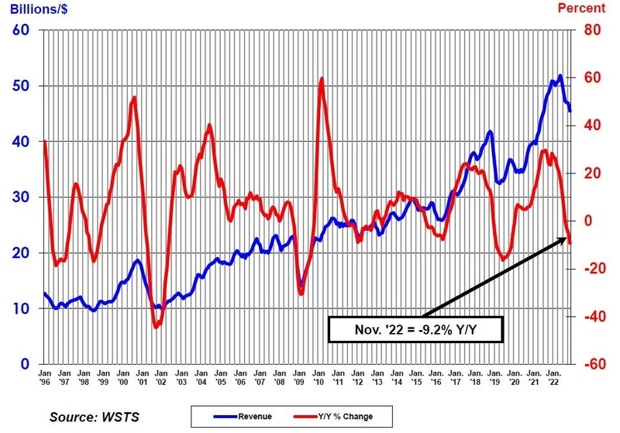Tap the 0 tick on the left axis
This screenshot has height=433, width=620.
point(25,364)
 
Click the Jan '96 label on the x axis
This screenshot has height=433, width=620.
point(45,377)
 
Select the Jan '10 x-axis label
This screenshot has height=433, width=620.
point(319,377)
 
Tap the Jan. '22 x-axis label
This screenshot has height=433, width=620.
point(553,377)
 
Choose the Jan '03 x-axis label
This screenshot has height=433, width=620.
point(181,377)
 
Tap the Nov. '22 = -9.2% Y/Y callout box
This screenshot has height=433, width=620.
point(415,329)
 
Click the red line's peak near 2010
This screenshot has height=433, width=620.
point(321,78)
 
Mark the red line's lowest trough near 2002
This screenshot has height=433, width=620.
point(156,327)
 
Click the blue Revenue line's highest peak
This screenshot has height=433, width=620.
point(560,76)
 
